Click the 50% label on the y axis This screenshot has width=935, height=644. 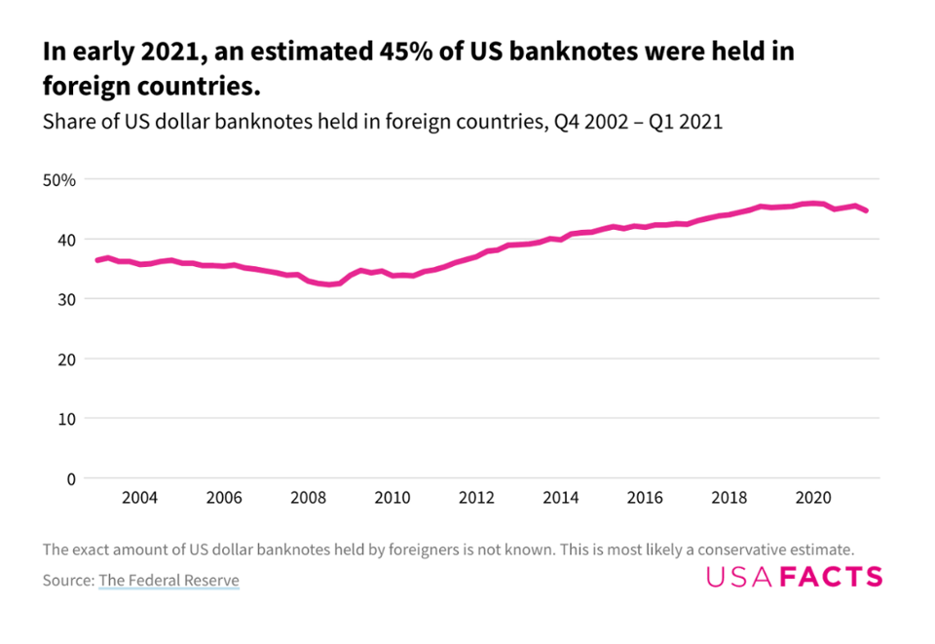pyautogui.click(x=58, y=180)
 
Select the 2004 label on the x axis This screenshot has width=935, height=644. pyautogui.click(x=139, y=498)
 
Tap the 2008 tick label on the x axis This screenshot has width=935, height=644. pyautogui.click(x=308, y=498)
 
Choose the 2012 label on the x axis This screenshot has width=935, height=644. pyautogui.click(x=476, y=498)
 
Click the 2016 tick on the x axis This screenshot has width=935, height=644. pyautogui.click(x=645, y=498)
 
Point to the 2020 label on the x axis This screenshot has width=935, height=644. pyautogui.click(x=813, y=498)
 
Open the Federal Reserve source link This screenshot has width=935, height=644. pyautogui.click(x=168, y=581)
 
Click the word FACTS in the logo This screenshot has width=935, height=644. pyautogui.click(x=831, y=577)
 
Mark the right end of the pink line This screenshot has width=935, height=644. pyautogui.click(x=867, y=210)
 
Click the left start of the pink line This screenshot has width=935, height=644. pyautogui.click(x=96, y=260)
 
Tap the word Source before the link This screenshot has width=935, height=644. pyautogui.click(x=67, y=581)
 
